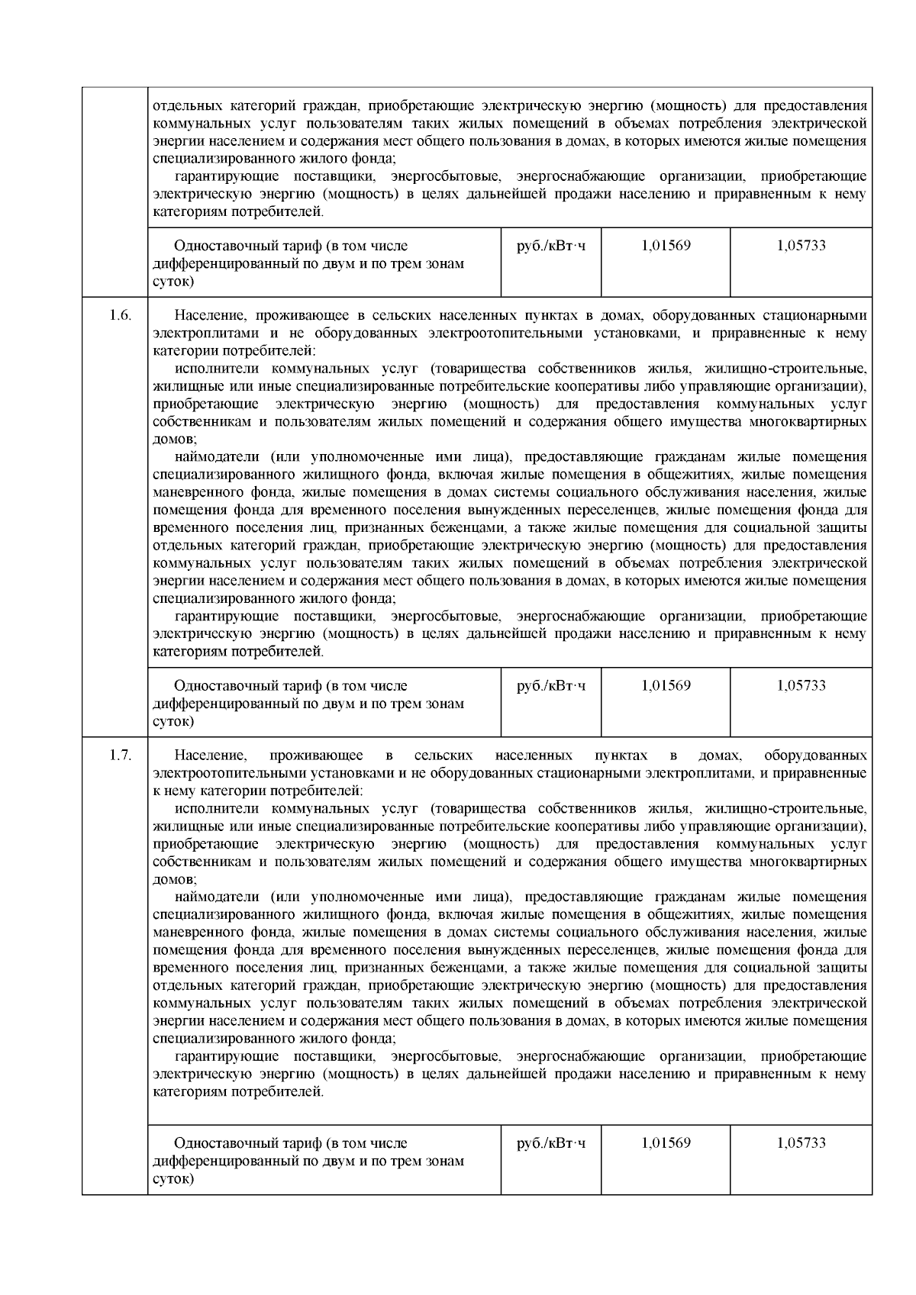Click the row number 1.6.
point(120,315)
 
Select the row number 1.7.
point(120,755)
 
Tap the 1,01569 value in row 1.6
point(666,685)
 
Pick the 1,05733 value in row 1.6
point(801,685)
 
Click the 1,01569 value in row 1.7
point(666,1142)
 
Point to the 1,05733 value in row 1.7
point(801,1142)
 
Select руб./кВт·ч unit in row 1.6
point(551,685)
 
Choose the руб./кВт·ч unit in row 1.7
point(551,1142)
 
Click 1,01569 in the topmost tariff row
point(666,246)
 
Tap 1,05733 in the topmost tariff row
point(801,246)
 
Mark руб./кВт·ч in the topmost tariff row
point(551,246)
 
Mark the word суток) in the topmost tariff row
point(173,282)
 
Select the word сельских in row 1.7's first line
point(443,755)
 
